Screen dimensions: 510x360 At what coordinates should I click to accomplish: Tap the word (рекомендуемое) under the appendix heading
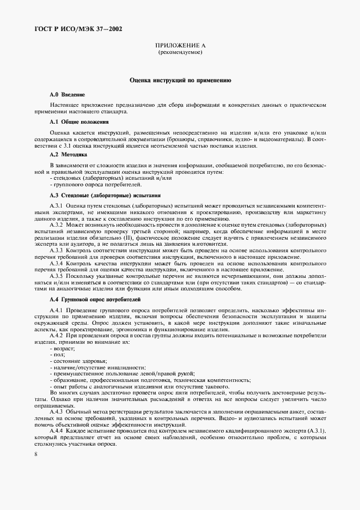180,54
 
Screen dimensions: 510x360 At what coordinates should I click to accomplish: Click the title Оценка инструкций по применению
180,80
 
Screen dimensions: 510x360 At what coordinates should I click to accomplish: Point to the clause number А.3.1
57,205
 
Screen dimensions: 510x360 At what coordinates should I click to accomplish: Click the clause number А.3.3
57,250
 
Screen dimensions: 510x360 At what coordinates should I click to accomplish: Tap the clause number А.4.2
57,336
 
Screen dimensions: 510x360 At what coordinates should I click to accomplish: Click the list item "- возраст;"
64,348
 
